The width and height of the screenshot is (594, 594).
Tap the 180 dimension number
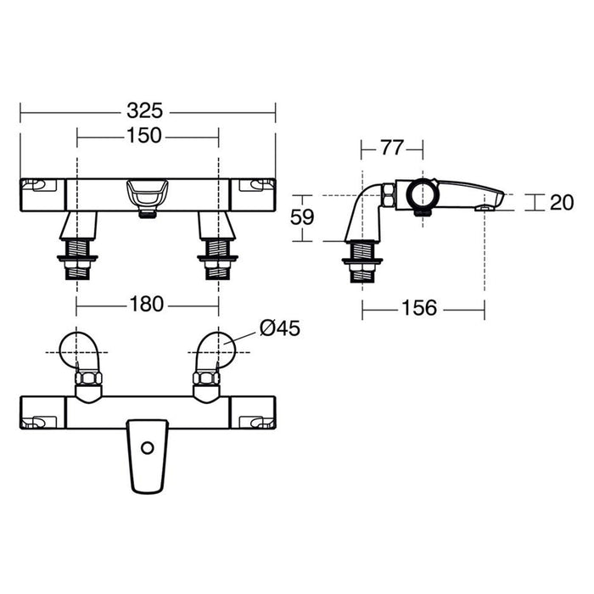pos(147,304)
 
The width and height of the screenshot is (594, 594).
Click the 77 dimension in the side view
pos(390,148)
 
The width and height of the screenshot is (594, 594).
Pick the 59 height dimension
pos(304,217)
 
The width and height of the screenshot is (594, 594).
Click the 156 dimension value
pos(420,308)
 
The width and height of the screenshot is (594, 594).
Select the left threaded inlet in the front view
pos(77,260)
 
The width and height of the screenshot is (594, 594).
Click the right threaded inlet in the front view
pos(219,260)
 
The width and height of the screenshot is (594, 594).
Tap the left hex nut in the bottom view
pos(88,379)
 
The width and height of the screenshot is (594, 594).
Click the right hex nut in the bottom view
pos(207,379)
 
